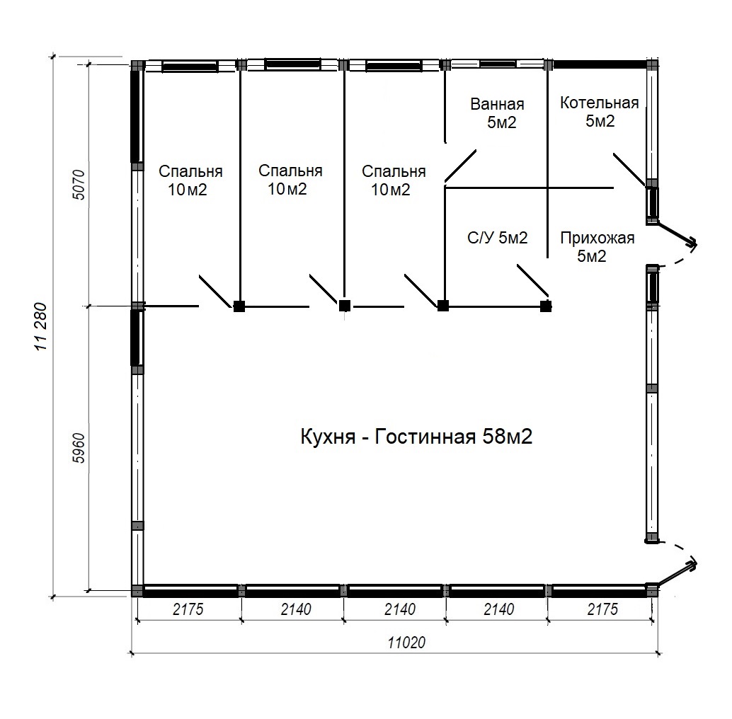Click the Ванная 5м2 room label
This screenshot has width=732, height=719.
(x=498, y=113)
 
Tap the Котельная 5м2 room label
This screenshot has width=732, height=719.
(x=600, y=112)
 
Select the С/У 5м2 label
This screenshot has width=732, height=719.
(x=498, y=238)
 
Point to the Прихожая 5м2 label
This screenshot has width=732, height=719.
(x=597, y=247)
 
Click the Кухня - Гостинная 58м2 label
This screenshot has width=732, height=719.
(x=416, y=437)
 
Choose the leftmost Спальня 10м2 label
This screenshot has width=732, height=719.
(x=190, y=180)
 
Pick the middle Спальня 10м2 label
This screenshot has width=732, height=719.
(x=290, y=180)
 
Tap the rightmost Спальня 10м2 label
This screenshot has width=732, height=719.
(x=394, y=180)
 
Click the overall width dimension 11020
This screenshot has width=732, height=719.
(x=406, y=643)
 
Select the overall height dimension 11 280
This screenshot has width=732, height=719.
(x=41, y=327)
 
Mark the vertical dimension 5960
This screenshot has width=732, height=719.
(x=79, y=449)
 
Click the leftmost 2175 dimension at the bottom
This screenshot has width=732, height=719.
(x=188, y=609)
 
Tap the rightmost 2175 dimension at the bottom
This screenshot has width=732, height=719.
(x=602, y=609)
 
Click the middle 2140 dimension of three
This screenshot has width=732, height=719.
(x=399, y=609)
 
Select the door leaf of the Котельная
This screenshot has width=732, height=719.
(x=629, y=169)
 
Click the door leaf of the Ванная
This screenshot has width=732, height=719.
(x=461, y=166)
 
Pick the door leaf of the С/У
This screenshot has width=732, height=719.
(x=533, y=280)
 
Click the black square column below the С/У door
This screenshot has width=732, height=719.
(x=546, y=306)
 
